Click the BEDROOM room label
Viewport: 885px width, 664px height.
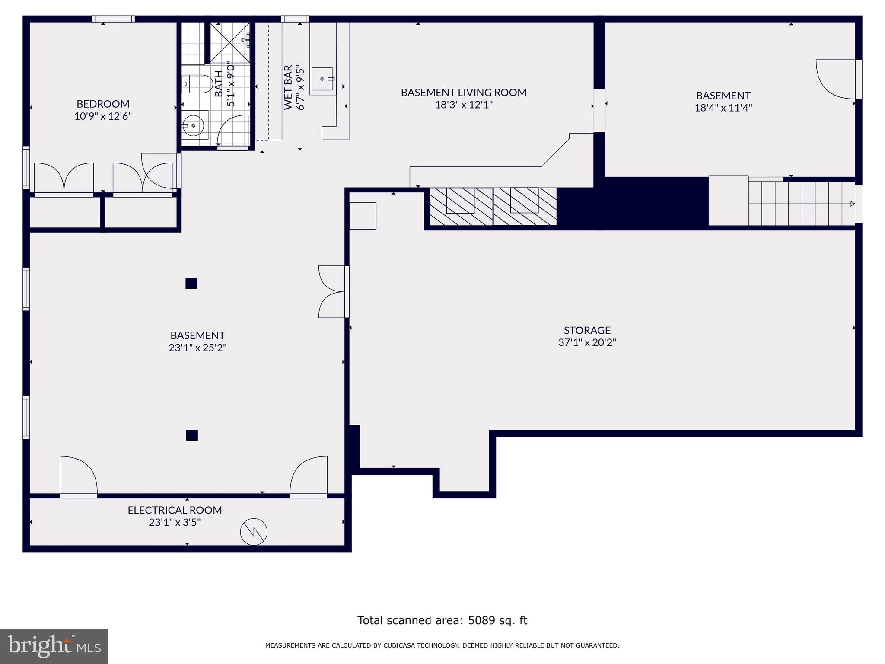pyautogui.click(x=103, y=104)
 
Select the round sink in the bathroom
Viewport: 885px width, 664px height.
pyautogui.click(x=193, y=125)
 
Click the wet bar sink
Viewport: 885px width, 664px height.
pyautogui.click(x=322, y=79)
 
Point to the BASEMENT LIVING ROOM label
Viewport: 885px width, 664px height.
pyautogui.click(x=464, y=92)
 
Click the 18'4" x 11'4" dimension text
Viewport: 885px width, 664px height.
pyautogui.click(x=723, y=108)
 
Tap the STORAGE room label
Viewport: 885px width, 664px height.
pyautogui.click(x=587, y=330)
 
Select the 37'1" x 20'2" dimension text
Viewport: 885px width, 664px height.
pyautogui.click(x=587, y=342)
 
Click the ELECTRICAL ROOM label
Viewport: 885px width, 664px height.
pyautogui.click(x=175, y=510)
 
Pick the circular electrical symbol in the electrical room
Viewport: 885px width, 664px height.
pyautogui.click(x=254, y=532)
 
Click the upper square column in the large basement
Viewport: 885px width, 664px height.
pyautogui.click(x=191, y=284)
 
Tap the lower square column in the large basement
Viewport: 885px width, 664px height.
pyautogui.click(x=192, y=435)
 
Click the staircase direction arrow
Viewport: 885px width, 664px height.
pyautogui.click(x=853, y=204)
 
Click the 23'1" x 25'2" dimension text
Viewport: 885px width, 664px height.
pyautogui.click(x=197, y=348)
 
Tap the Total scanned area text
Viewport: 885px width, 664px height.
pyautogui.click(x=442, y=620)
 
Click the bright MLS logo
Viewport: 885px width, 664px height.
pyautogui.click(x=54, y=646)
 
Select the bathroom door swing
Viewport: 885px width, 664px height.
pyautogui.click(x=232, y=130)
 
